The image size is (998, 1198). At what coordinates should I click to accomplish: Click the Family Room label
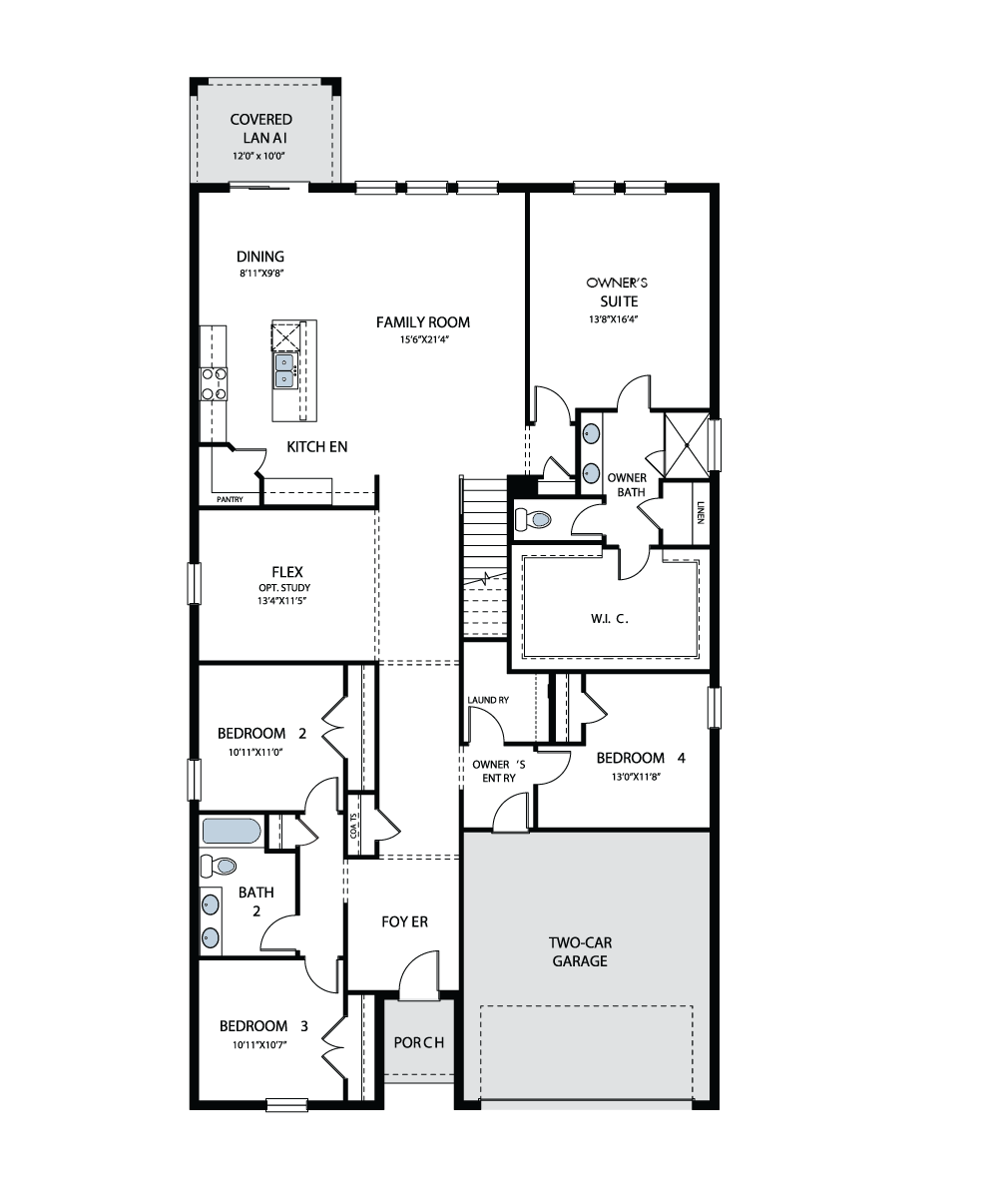pos(423,322)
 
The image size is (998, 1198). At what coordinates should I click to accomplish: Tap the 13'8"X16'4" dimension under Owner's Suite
pos(613,319)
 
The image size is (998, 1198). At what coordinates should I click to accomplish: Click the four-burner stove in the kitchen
pos(214,383)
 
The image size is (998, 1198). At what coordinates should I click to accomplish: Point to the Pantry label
pos(230,500)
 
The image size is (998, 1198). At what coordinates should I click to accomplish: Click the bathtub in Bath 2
pos(232,831)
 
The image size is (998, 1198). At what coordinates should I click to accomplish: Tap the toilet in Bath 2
pos(218,866)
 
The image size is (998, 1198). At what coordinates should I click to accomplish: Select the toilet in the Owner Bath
pos(533,520)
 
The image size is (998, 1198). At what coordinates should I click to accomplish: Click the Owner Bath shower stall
pos(687,444)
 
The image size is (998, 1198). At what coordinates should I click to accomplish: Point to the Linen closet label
pos(701,513)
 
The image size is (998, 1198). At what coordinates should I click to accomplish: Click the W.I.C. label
pos(609,619)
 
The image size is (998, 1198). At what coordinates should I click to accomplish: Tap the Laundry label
pos(488,700)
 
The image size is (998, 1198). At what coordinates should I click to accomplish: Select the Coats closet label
pos(353,826)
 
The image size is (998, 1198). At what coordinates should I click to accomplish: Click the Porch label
pos(419,1042)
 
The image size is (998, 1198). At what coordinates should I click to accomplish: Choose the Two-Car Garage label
pos(580,951)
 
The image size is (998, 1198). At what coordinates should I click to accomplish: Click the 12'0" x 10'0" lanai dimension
pos(258,156)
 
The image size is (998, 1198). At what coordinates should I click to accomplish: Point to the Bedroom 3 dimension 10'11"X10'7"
pos(259,1045)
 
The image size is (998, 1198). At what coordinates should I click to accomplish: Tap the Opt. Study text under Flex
pos(284,588)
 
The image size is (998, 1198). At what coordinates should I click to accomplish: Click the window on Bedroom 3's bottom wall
pos(286,1104)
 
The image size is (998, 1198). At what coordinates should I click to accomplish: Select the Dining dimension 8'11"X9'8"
pos(261,274)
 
